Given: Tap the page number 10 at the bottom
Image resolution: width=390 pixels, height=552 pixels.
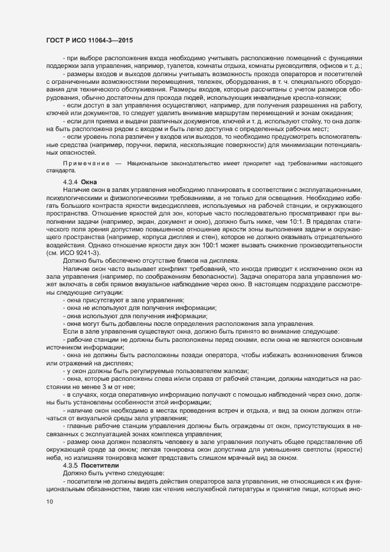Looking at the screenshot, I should pos(50,501).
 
